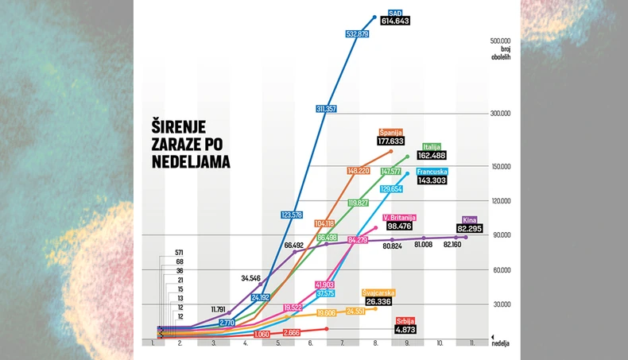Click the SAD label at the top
tap(395, 13)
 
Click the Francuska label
tap(432, 172)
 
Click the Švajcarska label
tap(380, 292)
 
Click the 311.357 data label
tap(327, 109)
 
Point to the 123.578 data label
tap(293, 215)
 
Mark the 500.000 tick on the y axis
tap(499, 40)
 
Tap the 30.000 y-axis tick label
tap(501, 304)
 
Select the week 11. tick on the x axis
tap(471, 343)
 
